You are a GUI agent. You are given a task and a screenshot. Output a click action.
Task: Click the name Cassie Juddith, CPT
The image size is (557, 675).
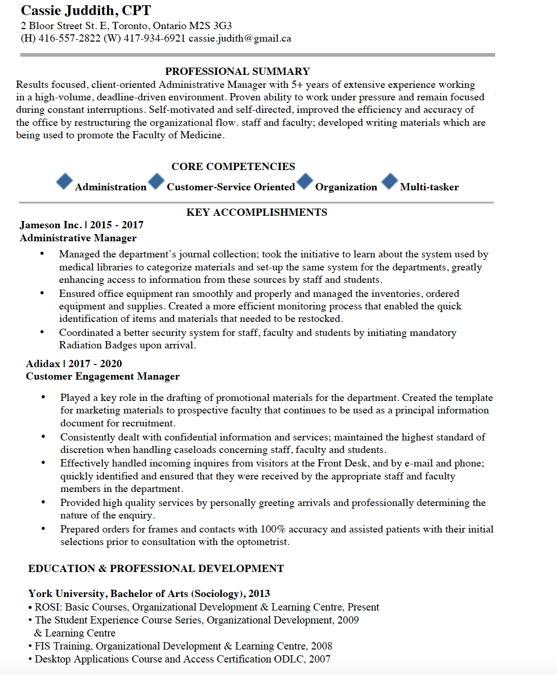click(x=86, y=10)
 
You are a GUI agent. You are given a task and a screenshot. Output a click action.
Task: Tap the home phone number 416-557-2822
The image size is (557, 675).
click(x=69, y=38)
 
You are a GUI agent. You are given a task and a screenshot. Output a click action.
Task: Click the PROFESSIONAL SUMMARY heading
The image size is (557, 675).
click(x=237, y=71)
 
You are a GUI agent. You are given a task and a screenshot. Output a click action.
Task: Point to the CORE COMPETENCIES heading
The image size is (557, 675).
click(x=233, y=166)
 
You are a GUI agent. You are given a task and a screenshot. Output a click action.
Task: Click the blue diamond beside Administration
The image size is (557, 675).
click(x=64, y=181)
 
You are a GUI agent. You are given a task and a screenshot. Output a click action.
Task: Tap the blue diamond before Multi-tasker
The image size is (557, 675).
click(x=390, y=181)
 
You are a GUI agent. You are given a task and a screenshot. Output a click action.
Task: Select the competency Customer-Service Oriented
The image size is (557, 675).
click(x=231, y=187)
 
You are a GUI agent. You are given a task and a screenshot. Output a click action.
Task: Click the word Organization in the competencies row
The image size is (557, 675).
click(x=346, y=187)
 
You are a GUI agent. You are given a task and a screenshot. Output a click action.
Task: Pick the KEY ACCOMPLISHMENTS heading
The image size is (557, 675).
click(x=257, y=212)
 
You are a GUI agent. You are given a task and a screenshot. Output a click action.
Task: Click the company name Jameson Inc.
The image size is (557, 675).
click(x=50, y=225)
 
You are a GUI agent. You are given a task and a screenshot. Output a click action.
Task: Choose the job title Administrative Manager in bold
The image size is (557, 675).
click(x=78, y=238)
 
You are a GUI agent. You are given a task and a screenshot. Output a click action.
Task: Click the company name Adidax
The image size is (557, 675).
click(x=43, y=364)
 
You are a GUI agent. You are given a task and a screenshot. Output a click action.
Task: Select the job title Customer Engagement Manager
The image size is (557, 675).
click(x=103, y=377)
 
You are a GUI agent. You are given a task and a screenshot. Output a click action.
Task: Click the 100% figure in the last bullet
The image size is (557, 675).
click(x=273, y=529)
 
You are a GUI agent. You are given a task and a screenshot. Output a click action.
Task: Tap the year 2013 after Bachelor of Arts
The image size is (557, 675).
click(x=259, y=594)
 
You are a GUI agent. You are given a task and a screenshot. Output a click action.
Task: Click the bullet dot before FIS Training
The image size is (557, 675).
click(x=31, y=646)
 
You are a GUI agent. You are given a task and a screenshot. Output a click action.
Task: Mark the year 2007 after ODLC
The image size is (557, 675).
click(x=320, y=659)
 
